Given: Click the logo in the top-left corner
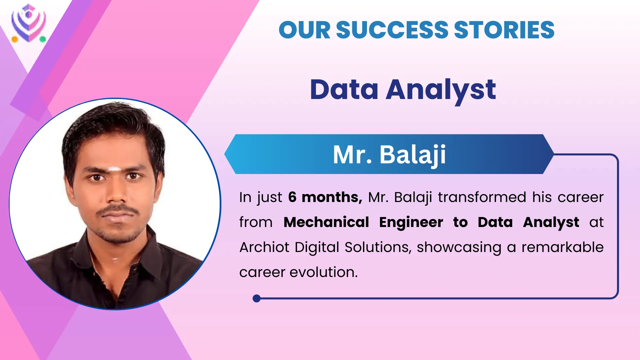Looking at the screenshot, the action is (x=29, y=23).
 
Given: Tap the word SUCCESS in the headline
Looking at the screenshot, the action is (x=392, y=30).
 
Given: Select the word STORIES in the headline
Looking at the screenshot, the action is (x=504, y=30).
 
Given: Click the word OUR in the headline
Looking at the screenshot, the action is (x=304, y=30).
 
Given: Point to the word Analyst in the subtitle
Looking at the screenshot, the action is (x=441, y=90).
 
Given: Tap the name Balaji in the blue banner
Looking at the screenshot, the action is (x=413, y=155).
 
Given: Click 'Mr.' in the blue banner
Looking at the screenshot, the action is (x=352, y=155).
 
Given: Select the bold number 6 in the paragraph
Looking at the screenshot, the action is (x=292, y=197).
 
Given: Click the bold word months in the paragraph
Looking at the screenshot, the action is (x=332, y=197).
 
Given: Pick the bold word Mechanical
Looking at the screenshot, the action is (x=326, y=222).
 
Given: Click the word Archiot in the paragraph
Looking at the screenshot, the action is (x=264, y=247).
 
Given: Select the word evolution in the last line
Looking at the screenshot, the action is (x=323, y=272).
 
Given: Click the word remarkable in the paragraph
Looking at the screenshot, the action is (x=563, y=247).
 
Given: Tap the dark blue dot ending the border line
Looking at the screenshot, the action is (x=257, y=298).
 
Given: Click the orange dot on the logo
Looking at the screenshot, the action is (x=15, y=39).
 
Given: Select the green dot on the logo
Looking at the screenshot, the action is (x=43, y=39).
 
